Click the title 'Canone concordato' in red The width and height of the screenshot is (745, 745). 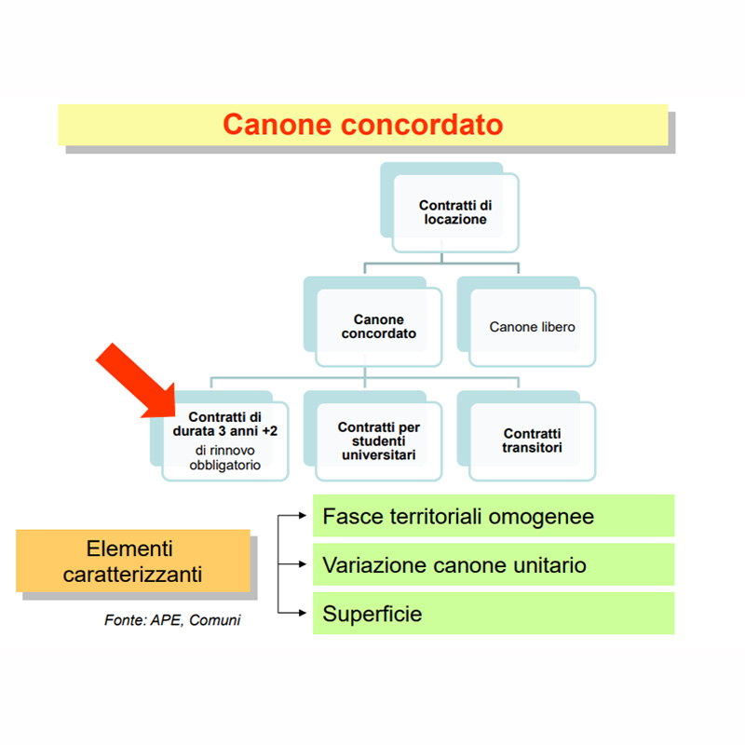(362, 125)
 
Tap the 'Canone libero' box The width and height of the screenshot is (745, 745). (532, 327)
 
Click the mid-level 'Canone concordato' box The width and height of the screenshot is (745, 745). (378, 327)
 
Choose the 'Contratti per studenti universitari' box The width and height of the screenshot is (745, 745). (378, 440)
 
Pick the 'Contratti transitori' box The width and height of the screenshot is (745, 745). (532, 440)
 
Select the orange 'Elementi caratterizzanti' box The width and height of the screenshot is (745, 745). (132, 562)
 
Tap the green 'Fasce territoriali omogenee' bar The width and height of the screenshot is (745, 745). (493, 516)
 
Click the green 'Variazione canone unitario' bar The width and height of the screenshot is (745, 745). (493, 565)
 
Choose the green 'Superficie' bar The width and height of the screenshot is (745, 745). (493, 615)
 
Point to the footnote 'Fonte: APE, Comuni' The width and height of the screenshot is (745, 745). (171, 620)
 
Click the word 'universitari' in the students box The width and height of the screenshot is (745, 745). (378, 455)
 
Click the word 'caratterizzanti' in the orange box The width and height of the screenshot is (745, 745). (132, 575)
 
